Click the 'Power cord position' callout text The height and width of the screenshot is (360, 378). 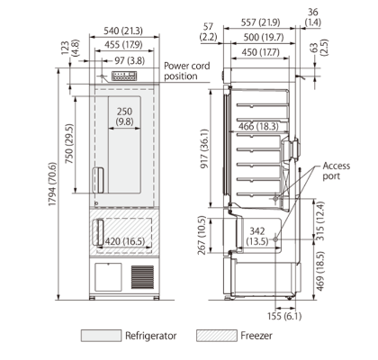tap(193, 71)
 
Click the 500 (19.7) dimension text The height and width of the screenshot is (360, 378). tap(258, 38)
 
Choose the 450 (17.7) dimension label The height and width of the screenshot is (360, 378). tap(257, 52)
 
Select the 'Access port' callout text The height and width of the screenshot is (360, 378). tap(337, 172)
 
